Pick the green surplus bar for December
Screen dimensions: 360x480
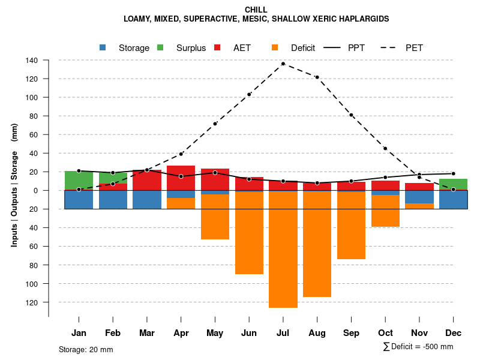point(453,184)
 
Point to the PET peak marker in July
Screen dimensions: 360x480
point(283,64)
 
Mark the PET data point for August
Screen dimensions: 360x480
point(317,77)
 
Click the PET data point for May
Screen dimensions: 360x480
point(215,124)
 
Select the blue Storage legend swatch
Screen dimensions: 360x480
point(103,47)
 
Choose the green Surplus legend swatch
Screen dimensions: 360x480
point(160,47)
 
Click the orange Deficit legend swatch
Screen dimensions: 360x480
point(275,47)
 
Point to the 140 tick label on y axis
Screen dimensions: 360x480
point(32,61)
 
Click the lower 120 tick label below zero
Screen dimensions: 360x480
point(32,302)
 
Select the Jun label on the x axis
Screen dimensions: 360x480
point(249,332)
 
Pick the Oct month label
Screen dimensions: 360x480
point(385,332)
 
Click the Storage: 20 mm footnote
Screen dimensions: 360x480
point(86,349)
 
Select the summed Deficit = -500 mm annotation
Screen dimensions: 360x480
point(418,347)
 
